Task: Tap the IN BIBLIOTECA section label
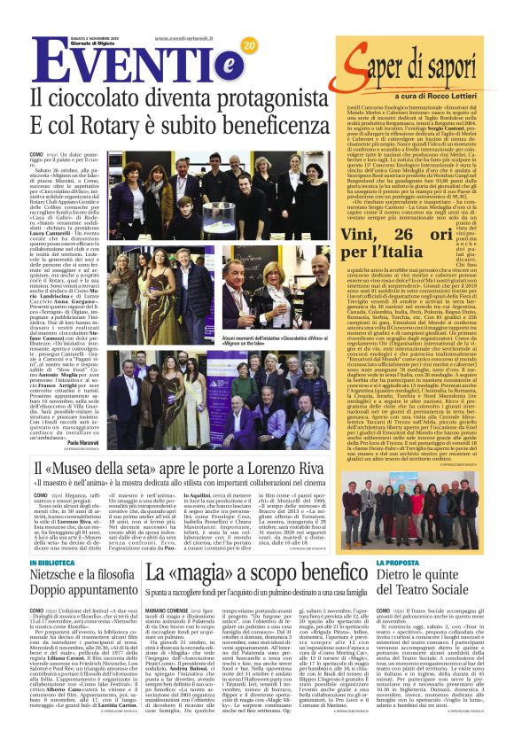[x=67, y=563]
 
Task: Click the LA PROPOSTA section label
[x=402, y=563]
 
